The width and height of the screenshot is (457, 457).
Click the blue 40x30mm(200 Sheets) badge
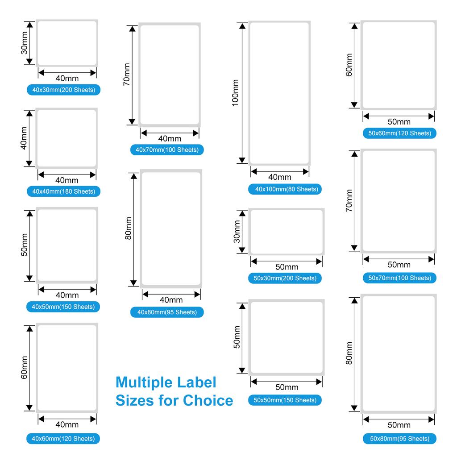[63, 90]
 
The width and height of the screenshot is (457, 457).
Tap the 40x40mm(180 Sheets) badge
[63, 191]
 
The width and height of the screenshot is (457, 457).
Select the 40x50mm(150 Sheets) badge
[63, 307]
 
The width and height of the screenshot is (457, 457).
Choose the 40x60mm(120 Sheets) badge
[63, 439]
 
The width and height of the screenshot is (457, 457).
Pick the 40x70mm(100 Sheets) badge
[167, 150]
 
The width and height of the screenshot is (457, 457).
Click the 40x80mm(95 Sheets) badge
[167, 312]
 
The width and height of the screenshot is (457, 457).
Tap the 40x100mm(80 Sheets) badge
[285, 189]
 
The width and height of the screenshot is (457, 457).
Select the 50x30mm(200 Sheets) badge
[285, 278]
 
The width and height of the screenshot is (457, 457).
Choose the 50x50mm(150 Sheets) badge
[285, 400]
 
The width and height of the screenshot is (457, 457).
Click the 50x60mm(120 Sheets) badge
[399, 133]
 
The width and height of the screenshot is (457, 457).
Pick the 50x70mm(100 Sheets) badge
[399, 278]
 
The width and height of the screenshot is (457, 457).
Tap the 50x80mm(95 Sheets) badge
[399, 439]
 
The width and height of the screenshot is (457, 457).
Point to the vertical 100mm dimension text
[235, 93]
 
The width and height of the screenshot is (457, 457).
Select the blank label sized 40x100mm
[279, 93]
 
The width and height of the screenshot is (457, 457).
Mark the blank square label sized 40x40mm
[67, 138]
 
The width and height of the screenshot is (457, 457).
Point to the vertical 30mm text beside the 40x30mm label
[24, 43]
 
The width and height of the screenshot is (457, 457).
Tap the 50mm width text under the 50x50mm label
[287, 387]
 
